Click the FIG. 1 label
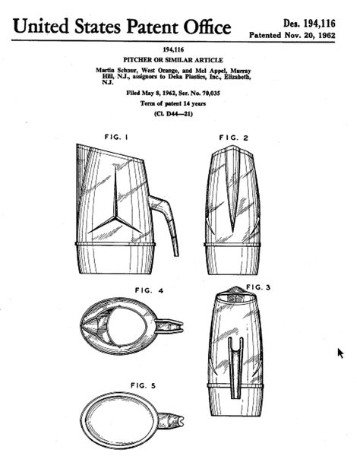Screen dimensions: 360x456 [x=116, y=137]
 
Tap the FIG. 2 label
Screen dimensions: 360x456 [x=234, y=138]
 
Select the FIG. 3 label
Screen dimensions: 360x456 [x=258, y=287]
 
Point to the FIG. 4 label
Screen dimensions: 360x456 [x=149, y=290]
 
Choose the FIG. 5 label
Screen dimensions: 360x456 [x=144, y=385]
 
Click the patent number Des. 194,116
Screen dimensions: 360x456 [x=309, y=24]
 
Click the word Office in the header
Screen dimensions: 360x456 [x=207, y=27]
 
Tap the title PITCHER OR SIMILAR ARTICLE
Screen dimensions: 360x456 [x=173, y=60]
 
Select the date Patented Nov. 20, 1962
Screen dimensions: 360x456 [x=292, y=36]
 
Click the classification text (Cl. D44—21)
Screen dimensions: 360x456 [x=173, y=113]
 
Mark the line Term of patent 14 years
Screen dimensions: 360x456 [x=173, y=103]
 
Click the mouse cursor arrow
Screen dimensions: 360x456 [x=340, y=353]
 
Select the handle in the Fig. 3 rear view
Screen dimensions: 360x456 [x=235, y=368]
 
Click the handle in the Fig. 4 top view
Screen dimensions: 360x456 [x=169, y=326]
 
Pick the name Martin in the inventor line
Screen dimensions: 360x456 [x=105, y=71]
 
